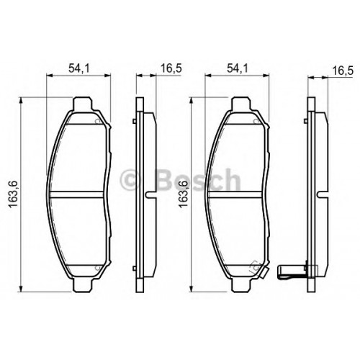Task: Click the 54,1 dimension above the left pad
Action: point(79,68)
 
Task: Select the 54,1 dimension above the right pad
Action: point(237,68)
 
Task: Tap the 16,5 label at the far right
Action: point(343,71)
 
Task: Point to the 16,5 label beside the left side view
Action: point(171,68)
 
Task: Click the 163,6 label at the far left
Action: point(14,194)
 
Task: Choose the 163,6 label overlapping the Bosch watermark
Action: point(183,194)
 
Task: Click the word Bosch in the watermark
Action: point(198,179)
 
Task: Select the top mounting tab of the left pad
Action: point(83,104)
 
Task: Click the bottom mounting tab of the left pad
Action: point(83,285)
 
